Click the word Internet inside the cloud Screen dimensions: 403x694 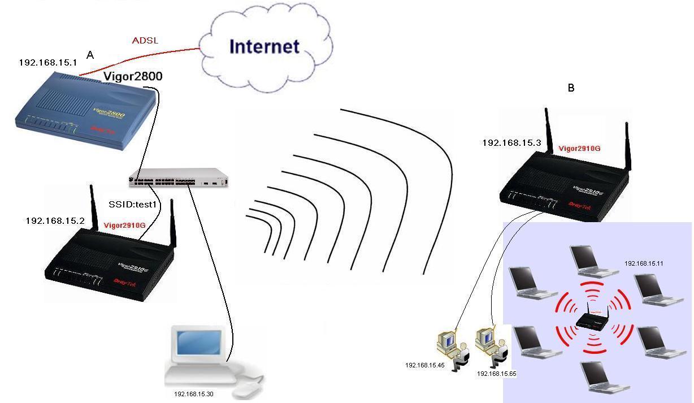tap(264, 46)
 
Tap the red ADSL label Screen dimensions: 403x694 tap(145, 40)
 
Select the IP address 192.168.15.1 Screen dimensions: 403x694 tap(48, 63)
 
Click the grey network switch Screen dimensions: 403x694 tap(179, 177)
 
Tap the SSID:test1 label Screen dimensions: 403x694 tap(132, 204)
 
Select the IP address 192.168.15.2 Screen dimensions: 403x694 tap(55, 220)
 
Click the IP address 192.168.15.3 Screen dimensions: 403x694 tap(511, 143)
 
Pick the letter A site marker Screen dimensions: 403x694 tap(90, 55)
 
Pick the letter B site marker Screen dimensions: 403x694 tap(571, 88)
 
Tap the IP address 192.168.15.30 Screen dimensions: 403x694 tap(193, 394)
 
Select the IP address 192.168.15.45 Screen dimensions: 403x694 tap(424, 365)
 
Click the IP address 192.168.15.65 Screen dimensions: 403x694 tap(496, 374)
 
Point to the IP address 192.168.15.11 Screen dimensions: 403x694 tap(644, 263)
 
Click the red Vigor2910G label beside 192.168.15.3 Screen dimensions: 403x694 tap(579, 149)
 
